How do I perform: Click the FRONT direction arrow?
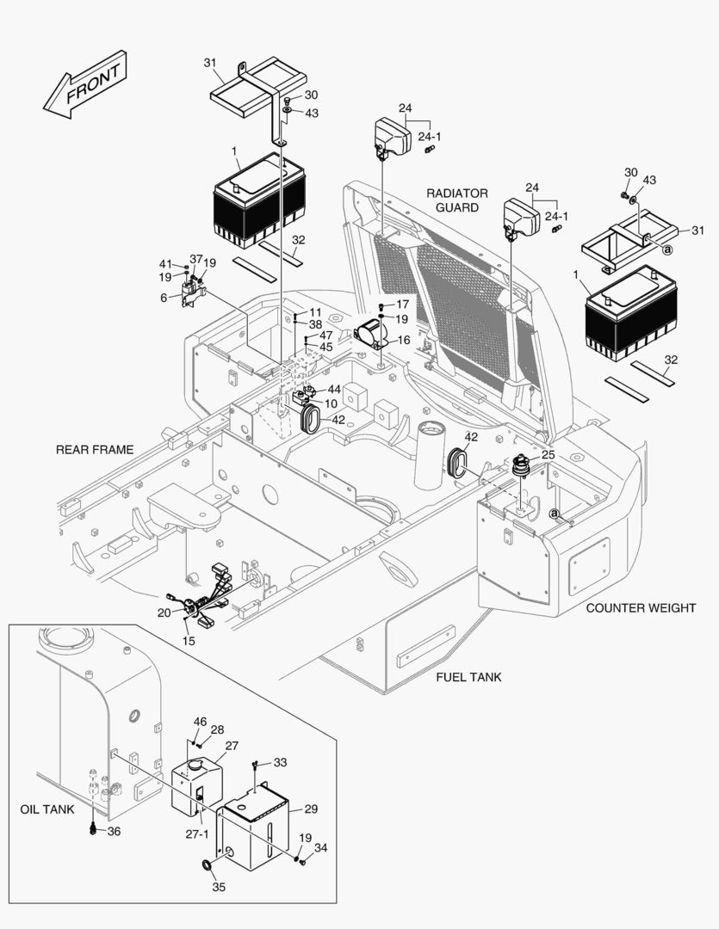pyautogui.click(x=86, y=84)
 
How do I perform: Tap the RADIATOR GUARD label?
pyautogui.click(x=456, y=200)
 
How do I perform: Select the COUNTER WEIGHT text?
pyautogui.click(x=641, y=608)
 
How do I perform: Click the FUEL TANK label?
pyautogui.click(x=468, y=677)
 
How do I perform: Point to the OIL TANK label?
pyautogui.click(x=47, y=809)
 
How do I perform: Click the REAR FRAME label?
pyautogui.click(x=95, y=449)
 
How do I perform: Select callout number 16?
pyautogui.click(x=403, y=340)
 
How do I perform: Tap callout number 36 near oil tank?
pyautogui.click(x=113, y=831)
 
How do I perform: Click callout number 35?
pyautogui.click(x=219, y=887)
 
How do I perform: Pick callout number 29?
pyautogui.click(x=311, y=809)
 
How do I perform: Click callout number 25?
pyautogui.click(x=548, y=453)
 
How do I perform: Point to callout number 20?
pyautogui.click(x=164, y=612)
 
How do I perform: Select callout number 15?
pyautogui.click(x=189, y=641)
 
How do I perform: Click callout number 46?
pyautogui.click(x=200, y=721)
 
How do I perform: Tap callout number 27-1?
pyautogui.click(x=198, y=834)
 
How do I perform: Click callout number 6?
pyautogui.click(x=164, y=297)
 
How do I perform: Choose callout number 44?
pyautogui.click(x=334, y=390)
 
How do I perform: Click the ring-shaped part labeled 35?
pyautogui.click(x=208, y=864)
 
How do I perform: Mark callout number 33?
pyautogui.click(x=280, y=762)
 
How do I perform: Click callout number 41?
pyautogui.click(x=165, y=263)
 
